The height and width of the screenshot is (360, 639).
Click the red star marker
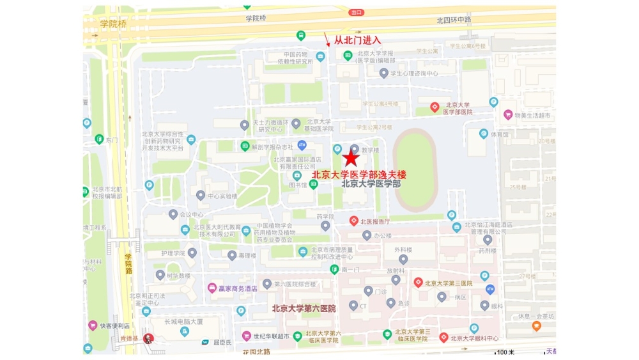(351, 159)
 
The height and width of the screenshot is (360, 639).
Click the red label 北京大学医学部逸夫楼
(358, 174)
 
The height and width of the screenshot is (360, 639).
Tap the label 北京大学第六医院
(304, 308)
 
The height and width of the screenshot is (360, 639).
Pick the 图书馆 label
(298, 185)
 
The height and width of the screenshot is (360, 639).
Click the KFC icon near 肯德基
(148, 338)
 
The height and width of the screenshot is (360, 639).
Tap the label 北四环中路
(454, 20)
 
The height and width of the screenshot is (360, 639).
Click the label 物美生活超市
(527, 115)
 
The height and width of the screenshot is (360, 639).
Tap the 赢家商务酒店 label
(237, 288)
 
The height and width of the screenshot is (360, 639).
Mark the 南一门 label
(350, 270)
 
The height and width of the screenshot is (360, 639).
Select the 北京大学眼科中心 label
(474, 338)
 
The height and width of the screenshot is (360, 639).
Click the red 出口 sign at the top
(357, 12)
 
